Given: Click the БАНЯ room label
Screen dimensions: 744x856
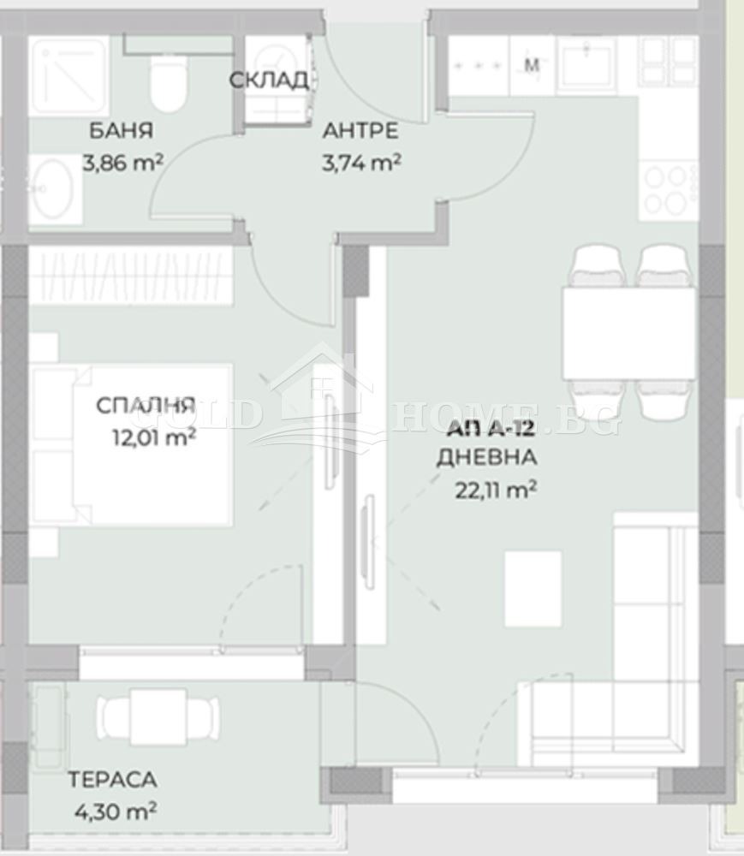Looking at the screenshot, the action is (x=121, y=131).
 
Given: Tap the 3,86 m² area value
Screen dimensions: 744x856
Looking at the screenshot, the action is (x=122, y=163).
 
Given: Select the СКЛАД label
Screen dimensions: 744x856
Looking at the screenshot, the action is (x=268, y=80).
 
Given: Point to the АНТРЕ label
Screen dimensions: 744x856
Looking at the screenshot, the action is (x=360, y=131).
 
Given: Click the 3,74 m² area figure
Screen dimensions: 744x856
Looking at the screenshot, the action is (x=361, y=163).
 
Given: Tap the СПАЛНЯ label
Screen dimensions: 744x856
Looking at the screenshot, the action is (x=146, y=406).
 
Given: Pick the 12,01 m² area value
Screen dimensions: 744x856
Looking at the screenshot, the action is (x=154, y=437).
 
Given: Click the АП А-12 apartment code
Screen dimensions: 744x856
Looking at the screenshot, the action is (x=491, y=431).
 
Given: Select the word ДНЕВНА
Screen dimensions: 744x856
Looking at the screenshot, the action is (x=486, y=457).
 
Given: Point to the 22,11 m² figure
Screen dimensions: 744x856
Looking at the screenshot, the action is (x=495, y=490).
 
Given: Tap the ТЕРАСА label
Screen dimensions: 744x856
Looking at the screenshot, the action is (x=112, y=780).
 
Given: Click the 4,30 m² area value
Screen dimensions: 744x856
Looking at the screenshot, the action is (x=116, y=811).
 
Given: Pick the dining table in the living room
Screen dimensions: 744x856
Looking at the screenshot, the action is (x=628, y=334).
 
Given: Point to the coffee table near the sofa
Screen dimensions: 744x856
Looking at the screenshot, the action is (x=533, y=589).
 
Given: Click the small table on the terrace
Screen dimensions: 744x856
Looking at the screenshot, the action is (x=158, y=716).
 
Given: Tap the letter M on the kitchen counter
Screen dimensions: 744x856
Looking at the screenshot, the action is (x=531, y=65).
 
